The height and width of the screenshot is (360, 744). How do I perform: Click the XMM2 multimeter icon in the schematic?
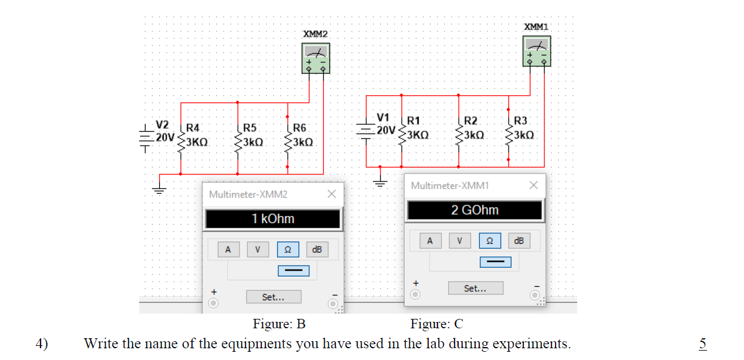(x=315, y=59)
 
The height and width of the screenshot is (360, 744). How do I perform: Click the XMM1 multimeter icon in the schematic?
(x=537, y=51)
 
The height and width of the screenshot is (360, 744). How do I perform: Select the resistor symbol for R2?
(x=459, y=135)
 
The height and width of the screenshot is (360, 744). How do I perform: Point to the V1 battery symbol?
(x=366, y=131)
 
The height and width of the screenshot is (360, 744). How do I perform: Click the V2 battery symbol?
(x=145, y=139)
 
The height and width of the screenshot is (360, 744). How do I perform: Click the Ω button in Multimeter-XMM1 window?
(x=490, y=241)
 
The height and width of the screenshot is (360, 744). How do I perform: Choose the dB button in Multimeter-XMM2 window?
(x=317, y=250)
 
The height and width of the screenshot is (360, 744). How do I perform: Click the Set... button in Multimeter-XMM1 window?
(x=475, y=288)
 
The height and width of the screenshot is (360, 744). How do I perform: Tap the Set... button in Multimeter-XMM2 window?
(x=274, y=297)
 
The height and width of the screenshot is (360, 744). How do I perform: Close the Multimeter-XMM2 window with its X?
(x=331, y=194)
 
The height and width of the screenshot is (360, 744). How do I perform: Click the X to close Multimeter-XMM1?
(x=533, y=185)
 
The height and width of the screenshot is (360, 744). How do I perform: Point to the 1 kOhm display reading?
(x=273, y=219)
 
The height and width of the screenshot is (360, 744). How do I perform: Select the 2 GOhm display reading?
(x=475, y=210)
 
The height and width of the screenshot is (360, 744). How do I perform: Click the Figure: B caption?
(x=279, y=324)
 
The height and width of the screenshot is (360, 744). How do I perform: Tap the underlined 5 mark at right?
(x=702, y=344)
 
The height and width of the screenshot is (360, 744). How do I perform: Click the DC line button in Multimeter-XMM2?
(x=294, y=271)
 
